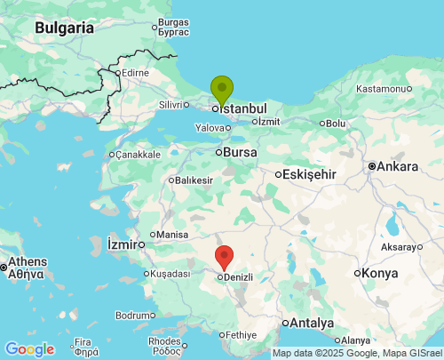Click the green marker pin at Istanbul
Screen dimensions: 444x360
click(x=221, y=89)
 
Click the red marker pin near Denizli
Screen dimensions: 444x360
click(x=225, y=256)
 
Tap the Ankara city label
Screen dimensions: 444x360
click(x=397, y=166)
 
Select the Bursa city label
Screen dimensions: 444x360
click(x=240, y=153)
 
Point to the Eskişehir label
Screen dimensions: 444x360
click(x=310, y=174)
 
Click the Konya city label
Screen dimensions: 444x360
click(x=380, y=273)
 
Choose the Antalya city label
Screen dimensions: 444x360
click(x=312, y=323)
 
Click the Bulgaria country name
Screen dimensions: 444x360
click(x=64, y=28)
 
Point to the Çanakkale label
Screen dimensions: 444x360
click(x=138, y=154)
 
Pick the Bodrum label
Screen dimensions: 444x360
click(x=134, y=316)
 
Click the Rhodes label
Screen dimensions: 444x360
click(x=164, y=340)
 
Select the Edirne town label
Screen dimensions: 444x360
click(x=135, y=72)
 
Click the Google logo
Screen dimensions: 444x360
click(x=29, y=349)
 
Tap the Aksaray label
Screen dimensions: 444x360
click(x=403, y=246)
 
